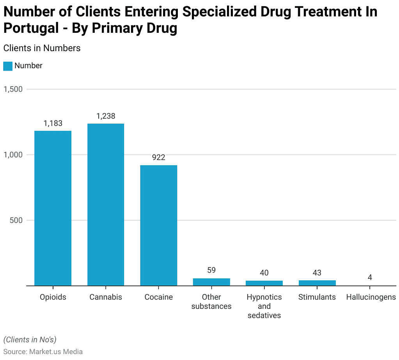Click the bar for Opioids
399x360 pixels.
pos(53,208)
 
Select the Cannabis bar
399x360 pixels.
pos(106,205)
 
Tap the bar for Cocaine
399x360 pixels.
pos(159,225)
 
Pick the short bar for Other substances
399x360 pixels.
pos(211,282)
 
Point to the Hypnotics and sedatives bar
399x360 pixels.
pos(264,283)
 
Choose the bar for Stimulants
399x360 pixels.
pos(317,283)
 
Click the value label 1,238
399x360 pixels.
pos(106,116)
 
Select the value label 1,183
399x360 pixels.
pos(53,123)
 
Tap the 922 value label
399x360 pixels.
pos(159,157)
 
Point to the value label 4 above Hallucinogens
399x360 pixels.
pos(370,277)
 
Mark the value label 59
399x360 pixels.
pos(211,270)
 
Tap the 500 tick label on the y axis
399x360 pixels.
pos(17,220)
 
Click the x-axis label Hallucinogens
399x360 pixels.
pos(371,297)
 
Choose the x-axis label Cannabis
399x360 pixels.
pos(106,297)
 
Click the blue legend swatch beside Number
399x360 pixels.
pos(8,66)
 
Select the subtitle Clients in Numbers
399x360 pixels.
pos(42,48)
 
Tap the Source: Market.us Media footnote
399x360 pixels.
pos(43,351)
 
